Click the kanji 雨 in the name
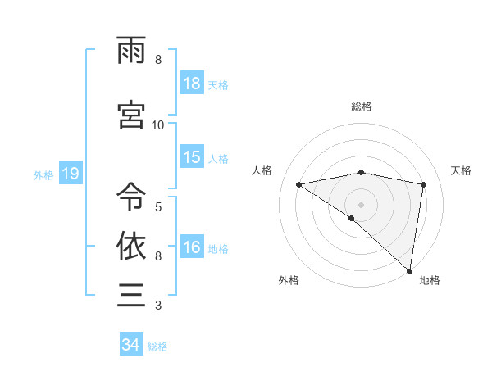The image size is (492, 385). [131, 51]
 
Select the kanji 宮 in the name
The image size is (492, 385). [131, 115]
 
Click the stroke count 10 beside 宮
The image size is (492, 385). [158, 125]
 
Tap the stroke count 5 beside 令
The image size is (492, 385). [158, 206]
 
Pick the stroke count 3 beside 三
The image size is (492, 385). [158, 306]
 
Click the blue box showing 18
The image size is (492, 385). [192, 84]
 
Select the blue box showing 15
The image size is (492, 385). [192, 157]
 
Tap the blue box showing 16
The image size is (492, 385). [192, 247]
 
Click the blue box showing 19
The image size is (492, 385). [70, 174]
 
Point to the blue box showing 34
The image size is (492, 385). [131, 345]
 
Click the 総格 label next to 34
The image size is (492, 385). [158, 346]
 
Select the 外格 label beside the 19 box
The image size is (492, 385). [43, 174]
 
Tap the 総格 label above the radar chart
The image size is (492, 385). [362, 106]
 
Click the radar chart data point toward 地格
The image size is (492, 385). [409, 270]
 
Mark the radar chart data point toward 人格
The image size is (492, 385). [299, 184]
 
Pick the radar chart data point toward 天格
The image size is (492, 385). [424, 184]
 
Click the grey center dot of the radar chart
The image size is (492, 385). [362, 203]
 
